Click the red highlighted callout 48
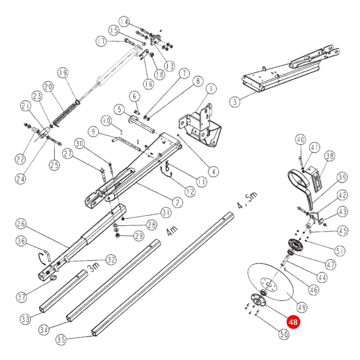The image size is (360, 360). pos(293,322)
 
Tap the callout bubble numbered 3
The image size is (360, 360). pos(235,102)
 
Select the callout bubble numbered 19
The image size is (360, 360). pos(63,73)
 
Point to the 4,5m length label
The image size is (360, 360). pos(247,200)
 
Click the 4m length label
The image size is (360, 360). pos(172,230)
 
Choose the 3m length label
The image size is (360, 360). pos(94,267)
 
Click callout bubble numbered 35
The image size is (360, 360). pos(61,339)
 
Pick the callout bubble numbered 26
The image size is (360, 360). pos(21,224)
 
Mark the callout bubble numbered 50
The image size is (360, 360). pos(284,334)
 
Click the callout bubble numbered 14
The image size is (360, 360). pos(124,22)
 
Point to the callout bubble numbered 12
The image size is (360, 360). pos(190,192)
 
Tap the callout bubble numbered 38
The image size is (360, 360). pos(330,156)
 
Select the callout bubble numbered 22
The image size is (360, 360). pos(20,159)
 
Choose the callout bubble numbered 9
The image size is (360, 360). pos(93,132)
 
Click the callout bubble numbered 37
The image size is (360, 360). pos(22,297)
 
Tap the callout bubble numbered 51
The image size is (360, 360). pos(340,251)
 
